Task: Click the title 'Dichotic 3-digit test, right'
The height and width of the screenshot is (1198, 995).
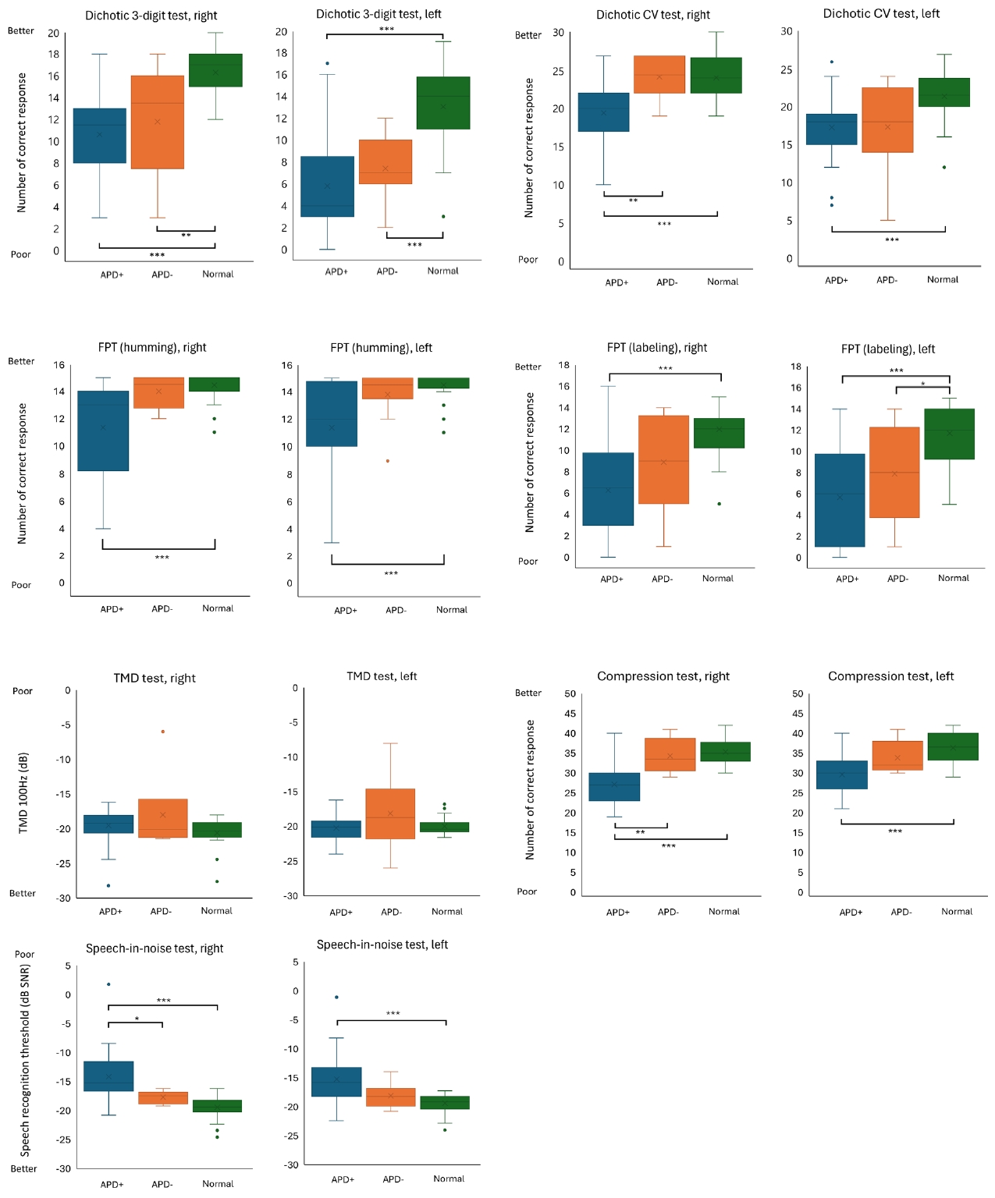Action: [x=151, y=16]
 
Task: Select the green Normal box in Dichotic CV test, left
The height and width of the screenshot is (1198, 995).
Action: [x=943, y=92]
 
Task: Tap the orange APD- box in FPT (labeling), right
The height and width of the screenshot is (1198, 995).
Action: [x=663, y=459]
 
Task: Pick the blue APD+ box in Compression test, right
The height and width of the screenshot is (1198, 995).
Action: [x=614, y=787]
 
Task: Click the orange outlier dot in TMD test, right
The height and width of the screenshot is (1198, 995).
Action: [x=162, y=732]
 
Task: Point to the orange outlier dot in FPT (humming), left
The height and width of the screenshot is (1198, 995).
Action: [x=387, y=461]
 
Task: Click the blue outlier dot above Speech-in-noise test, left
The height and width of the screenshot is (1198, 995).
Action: [x=336, y=997]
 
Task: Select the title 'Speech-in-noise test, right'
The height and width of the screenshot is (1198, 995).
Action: [x=155, y=948]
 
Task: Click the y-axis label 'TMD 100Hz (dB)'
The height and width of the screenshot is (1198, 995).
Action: [x=23, y=792]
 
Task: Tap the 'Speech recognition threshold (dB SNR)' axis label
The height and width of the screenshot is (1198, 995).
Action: [x=25, y=1060]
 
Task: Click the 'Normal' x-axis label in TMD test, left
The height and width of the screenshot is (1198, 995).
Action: [x=447, y=911]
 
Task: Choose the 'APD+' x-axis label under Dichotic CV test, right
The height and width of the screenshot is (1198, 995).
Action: [x=617, y=282]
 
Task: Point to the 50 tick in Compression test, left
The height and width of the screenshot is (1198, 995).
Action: [x=798, y=693]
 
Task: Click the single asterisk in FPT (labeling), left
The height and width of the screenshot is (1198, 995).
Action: [x=922, y=384]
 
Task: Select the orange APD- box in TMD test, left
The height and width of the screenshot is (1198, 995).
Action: [x=390, y=813]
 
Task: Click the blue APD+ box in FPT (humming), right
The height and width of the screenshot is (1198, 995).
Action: [x=103, y=431]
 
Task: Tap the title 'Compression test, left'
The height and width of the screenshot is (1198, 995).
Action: [x=890, y=676]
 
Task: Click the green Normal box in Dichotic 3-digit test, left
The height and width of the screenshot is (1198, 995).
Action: [x=443, y=102]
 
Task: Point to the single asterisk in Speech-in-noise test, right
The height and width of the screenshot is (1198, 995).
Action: [x=137, y=1019]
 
